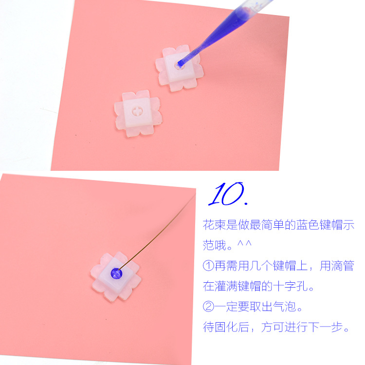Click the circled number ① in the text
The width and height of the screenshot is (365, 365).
(209, 266)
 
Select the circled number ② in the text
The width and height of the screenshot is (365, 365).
(209, 307)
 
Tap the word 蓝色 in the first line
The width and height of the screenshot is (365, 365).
(303, 225)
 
